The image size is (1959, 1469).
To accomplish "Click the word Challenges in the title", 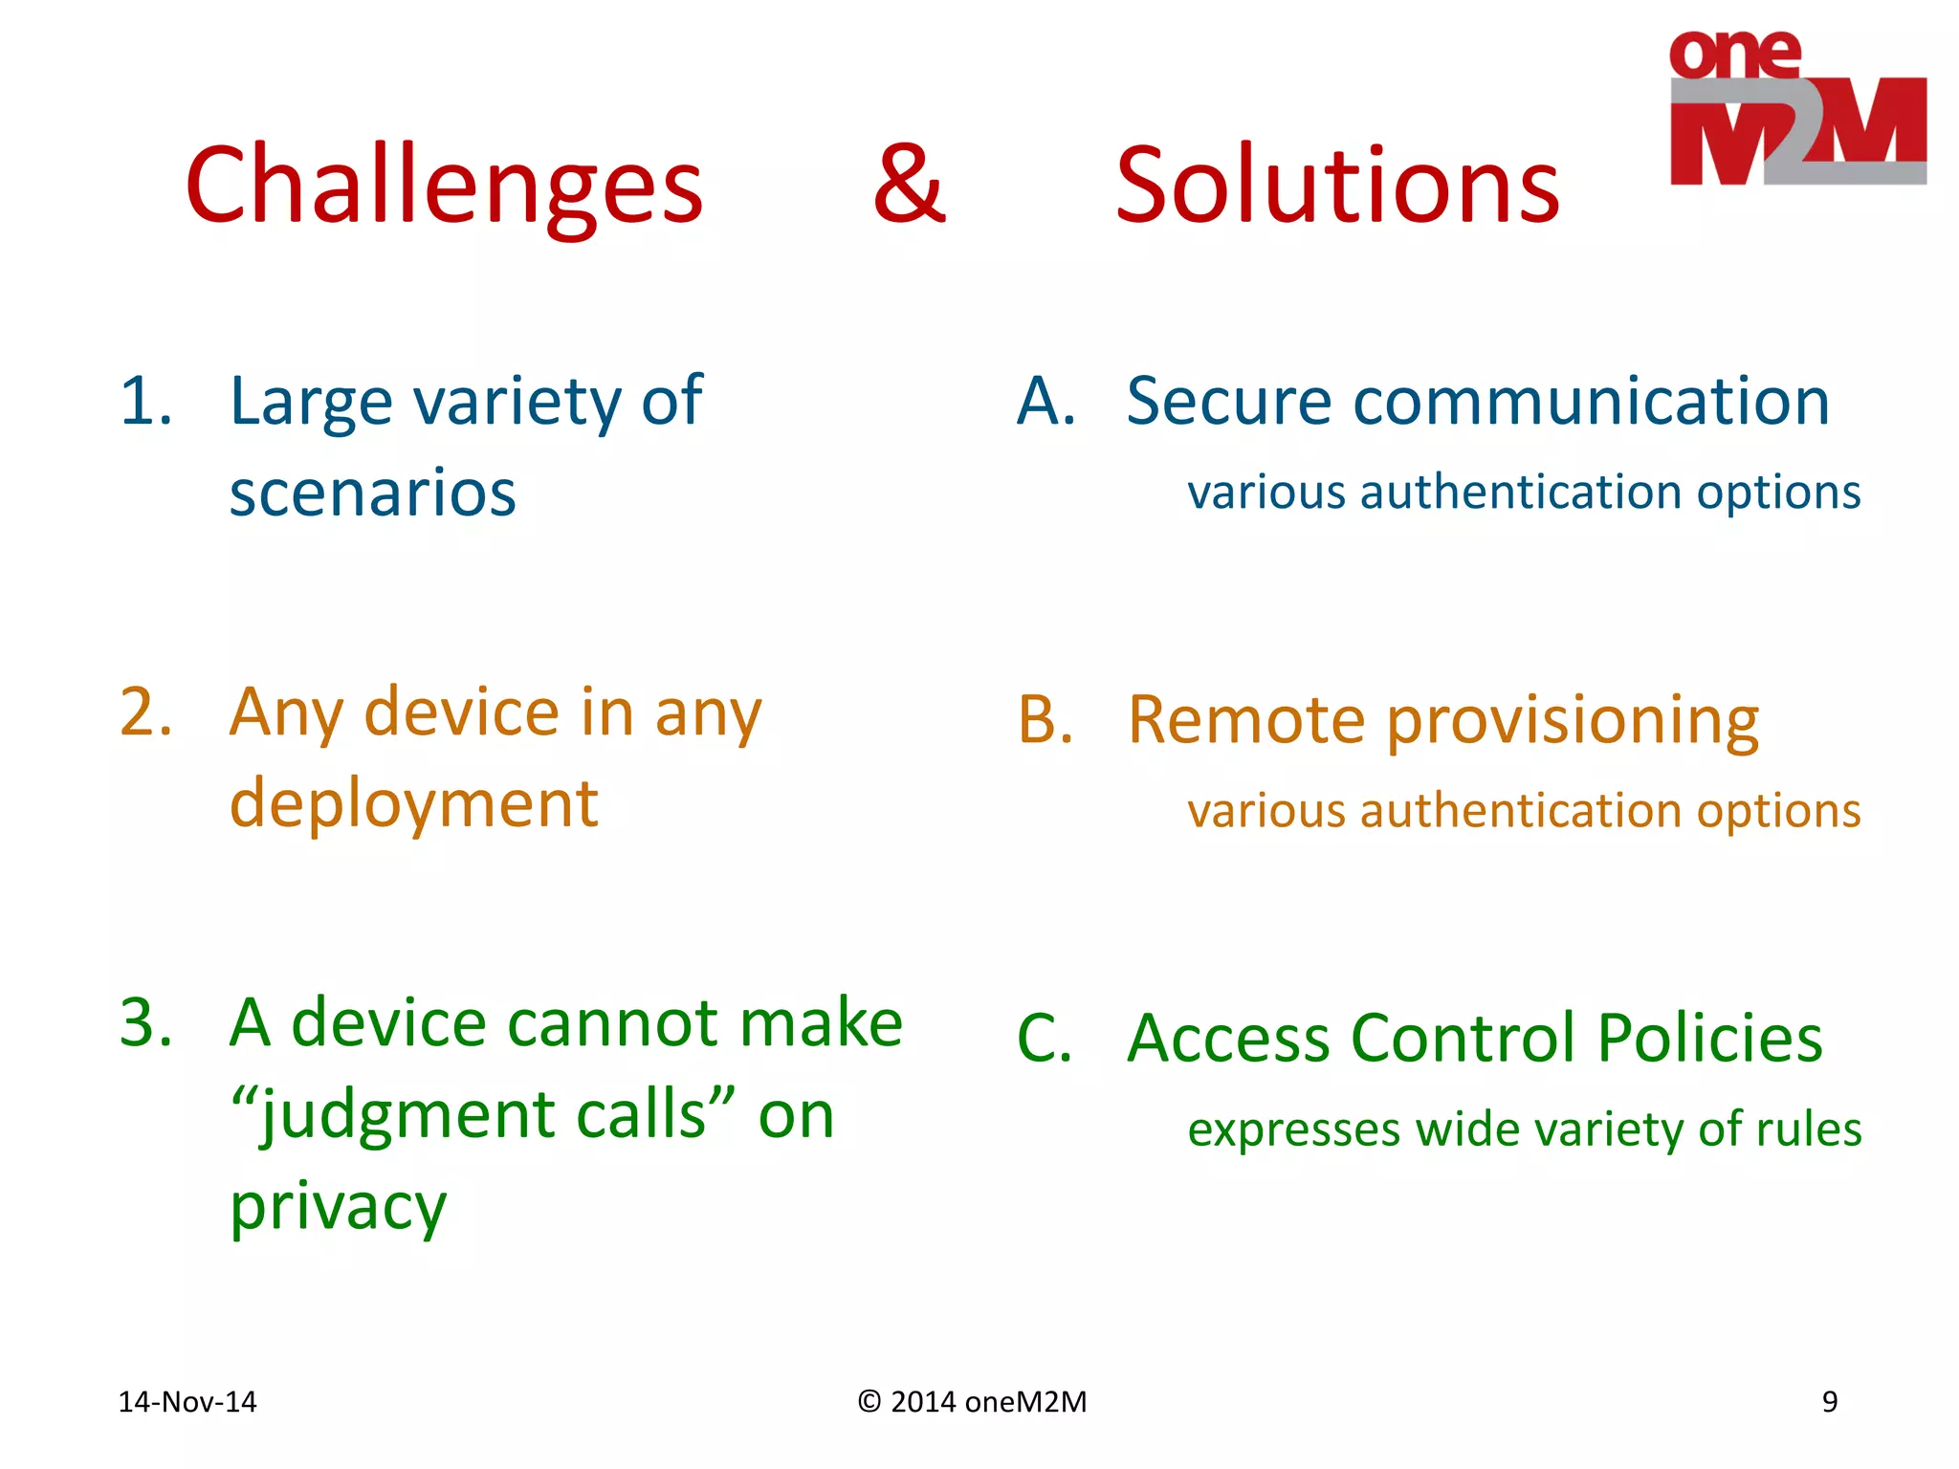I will [x=444, y=185].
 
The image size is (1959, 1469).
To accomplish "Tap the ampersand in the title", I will [x=909, y=184].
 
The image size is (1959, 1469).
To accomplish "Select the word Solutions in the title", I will [x=1337, y=185].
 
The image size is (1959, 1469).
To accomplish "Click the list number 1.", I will [x=145, y=401].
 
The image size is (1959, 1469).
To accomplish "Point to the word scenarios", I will [x=373, y=493].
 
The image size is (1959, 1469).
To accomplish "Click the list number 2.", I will [x=145, y=713].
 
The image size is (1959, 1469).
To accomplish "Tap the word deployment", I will [x=413, y=803].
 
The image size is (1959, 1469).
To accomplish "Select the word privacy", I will [x=338, y=1207].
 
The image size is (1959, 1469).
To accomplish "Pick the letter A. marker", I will [x=1046, y=401].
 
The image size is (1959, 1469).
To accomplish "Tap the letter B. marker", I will [x=1046, y=719].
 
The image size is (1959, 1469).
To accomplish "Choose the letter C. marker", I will [x=1045, y=1039].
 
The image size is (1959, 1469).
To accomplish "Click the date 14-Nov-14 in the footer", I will [x=187, y=1402].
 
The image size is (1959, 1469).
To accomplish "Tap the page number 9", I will [x=1829, y=1402].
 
